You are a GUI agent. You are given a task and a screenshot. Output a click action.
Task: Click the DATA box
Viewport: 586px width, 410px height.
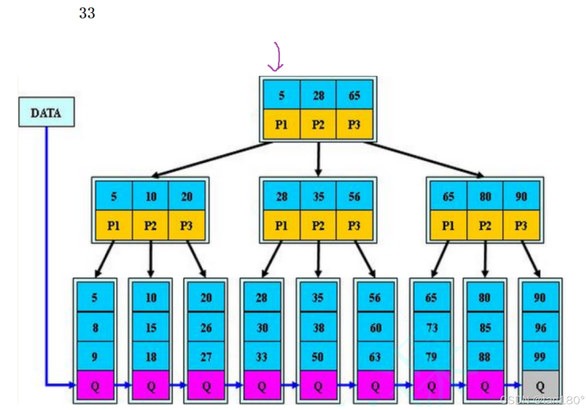point(46,112)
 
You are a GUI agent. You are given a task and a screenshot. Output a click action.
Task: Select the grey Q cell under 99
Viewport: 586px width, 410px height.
point(540,385)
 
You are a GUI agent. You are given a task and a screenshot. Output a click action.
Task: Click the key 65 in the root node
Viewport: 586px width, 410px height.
point(354,95)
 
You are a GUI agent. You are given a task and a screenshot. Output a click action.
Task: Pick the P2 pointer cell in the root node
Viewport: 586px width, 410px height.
point(318,124)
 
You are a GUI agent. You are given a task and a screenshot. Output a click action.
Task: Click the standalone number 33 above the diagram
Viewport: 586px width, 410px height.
point(87,13)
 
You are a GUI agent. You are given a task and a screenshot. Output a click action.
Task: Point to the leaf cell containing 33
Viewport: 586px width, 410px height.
point(262,357)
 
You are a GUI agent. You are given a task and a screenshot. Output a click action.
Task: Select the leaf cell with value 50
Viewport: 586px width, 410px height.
point(318,357)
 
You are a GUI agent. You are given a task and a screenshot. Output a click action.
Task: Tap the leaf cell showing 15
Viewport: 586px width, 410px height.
point(151,328)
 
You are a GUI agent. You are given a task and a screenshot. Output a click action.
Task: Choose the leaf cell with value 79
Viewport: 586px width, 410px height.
point(431,357)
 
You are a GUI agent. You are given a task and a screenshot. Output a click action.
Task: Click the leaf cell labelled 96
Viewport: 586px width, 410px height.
point(540,328)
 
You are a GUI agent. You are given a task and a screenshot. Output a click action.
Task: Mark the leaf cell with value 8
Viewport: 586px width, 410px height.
point(95,328)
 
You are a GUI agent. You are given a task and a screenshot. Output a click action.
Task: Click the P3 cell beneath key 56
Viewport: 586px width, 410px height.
point(354,225)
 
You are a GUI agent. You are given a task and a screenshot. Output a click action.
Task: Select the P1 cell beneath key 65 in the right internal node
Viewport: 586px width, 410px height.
point(448,225)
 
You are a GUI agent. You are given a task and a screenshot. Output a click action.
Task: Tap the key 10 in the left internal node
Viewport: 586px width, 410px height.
point(151,197)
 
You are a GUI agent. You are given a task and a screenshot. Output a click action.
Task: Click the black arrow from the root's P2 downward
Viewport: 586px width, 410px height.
point(318,159)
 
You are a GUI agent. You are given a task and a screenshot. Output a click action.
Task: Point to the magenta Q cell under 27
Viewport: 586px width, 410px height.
point(206,385)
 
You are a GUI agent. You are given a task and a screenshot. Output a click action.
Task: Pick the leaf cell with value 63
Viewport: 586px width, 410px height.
point(375,357)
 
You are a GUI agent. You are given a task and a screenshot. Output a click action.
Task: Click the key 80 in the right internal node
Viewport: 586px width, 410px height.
point(485,197)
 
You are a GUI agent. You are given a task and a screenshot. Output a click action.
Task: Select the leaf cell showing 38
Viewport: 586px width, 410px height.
point(318,328)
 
